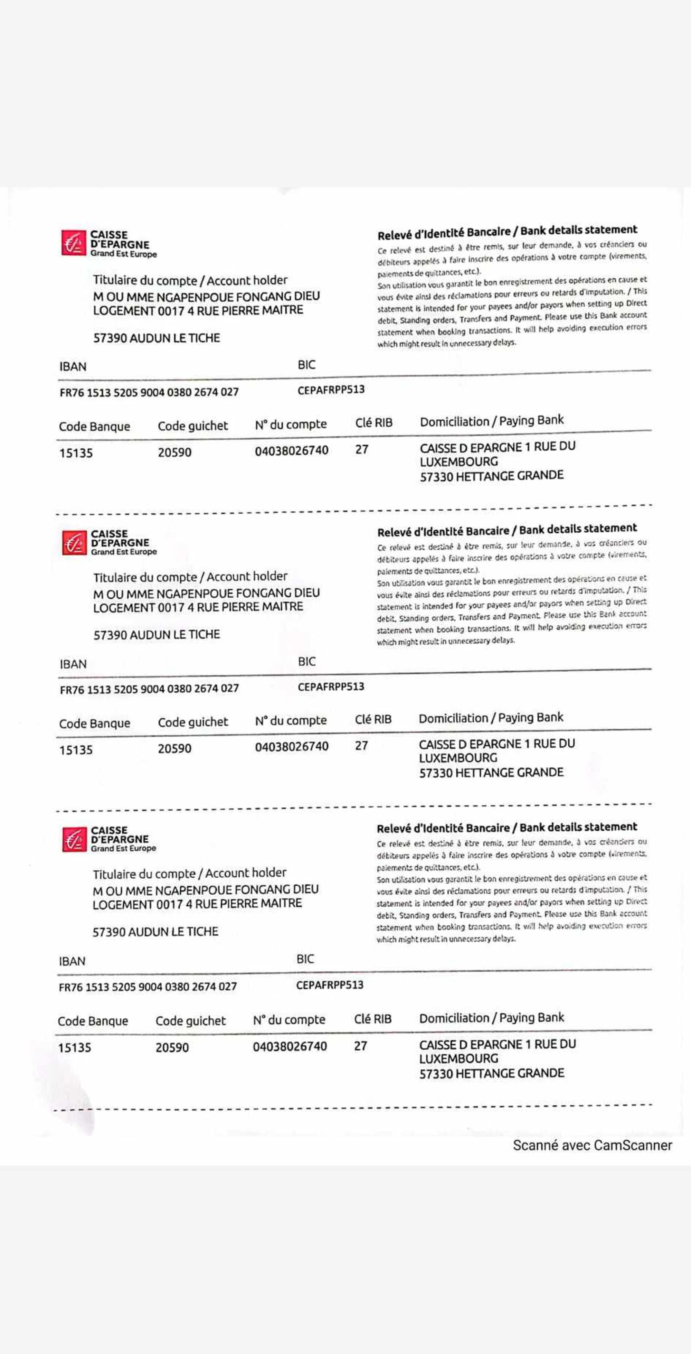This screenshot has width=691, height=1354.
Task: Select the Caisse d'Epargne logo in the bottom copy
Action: pos(108,839)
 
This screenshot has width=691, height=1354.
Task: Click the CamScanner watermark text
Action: pos(592,1145)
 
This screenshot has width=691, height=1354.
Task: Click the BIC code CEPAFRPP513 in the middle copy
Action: pos(331,687)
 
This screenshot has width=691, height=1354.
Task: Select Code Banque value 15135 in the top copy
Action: pos(76,452)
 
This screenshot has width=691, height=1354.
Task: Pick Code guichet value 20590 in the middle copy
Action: pos(174,748)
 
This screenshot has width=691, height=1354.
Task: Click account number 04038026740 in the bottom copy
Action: pos(290,1046)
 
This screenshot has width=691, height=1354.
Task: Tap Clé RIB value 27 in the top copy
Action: pos(361,449)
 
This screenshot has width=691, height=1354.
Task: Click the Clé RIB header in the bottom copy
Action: pos(372,1019)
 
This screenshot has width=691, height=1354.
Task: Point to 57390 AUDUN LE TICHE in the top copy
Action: pos(157,338)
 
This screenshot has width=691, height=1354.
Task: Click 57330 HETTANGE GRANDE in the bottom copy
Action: pos(491,1073)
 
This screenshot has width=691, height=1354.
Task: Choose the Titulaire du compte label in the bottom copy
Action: pos(189,874)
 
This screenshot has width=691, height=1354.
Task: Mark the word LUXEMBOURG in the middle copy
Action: pos(458,758)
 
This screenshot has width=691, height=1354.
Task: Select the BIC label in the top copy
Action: pos(306,365)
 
